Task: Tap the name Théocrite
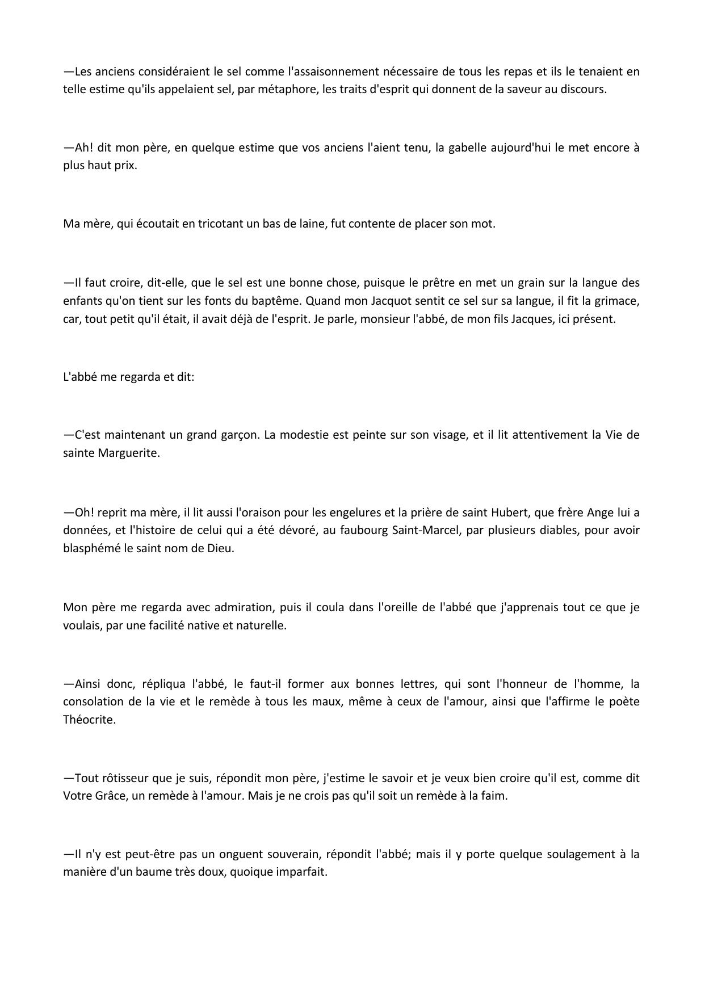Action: (x=89, y=720)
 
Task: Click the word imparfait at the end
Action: (x=301, y=872)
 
